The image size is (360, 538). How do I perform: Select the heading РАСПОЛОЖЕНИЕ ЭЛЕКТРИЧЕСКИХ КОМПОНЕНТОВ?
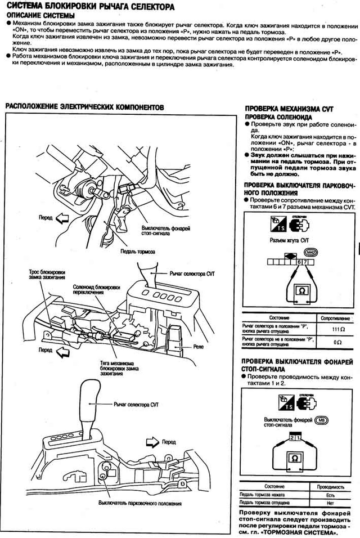84,106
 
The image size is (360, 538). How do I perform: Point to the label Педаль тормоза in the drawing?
139,252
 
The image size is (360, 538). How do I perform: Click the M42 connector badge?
327,254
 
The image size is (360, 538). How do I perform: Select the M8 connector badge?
321,419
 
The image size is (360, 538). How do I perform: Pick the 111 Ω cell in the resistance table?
337,328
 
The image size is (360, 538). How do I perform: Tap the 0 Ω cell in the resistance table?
337,342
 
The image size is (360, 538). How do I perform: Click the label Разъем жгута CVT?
290,255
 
